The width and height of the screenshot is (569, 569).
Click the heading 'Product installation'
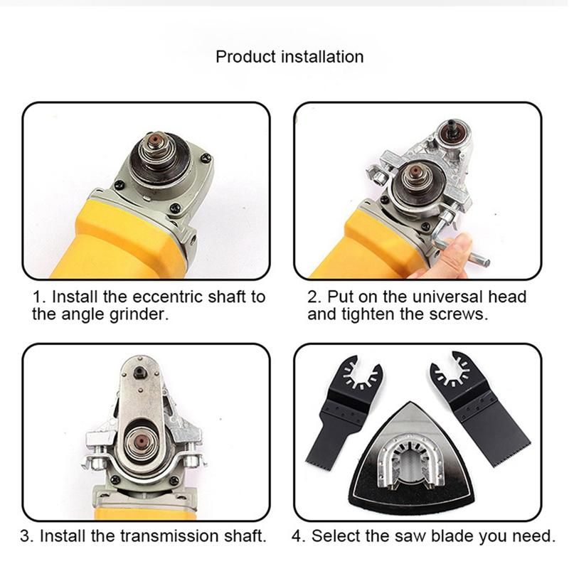(x=289, y=57)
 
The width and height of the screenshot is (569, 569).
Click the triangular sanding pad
(x=412, y=458)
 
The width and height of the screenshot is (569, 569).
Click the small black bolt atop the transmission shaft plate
(x=140, y=371)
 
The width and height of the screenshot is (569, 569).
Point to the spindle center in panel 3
(x=140, y=441)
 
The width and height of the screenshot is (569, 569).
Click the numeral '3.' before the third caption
(x=27, y=536)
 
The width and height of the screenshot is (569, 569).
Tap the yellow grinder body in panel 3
(x=145, y=514)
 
